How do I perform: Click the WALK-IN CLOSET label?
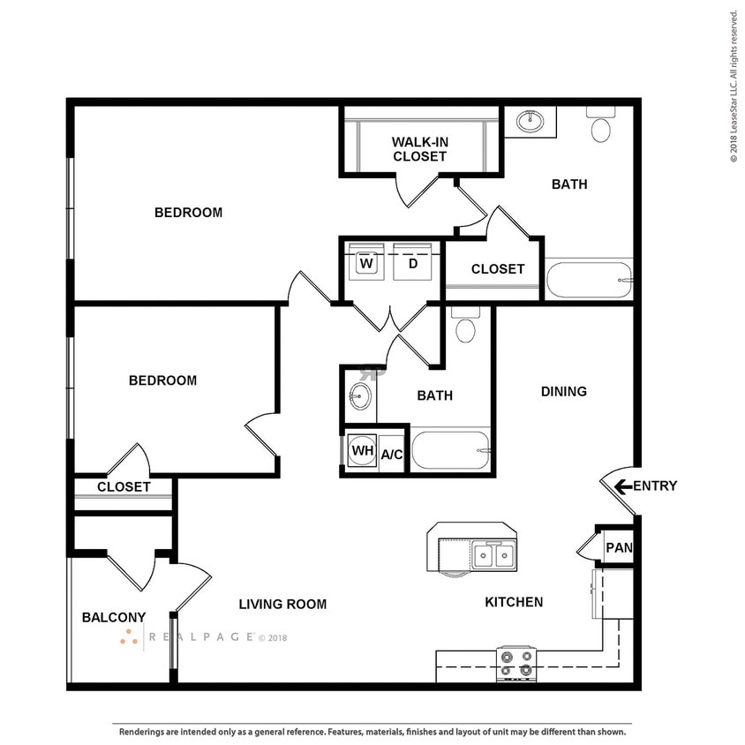click(x=419, y=148)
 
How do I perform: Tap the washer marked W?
click(x=367, y=263)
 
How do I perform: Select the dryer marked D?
click(x=411, y=263)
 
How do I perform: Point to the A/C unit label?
click(x=391, y=455)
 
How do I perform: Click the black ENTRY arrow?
click(x=622, y=485)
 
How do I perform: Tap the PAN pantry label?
click(x=618, y=548)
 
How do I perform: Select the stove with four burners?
click(x=516, y=662)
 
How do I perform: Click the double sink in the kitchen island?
click(x=493, y=554)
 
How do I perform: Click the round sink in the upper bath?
click(x=530, y=121)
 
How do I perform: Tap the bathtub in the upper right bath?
click(x=589, y=281)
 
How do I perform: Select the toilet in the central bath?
click(x=465, y=326)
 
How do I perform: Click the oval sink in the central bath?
click(x=359, y=395)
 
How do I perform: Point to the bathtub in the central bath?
click(x=450, y=451)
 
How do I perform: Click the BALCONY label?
click(x=113, y=617)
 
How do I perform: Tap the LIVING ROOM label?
click(x=282, y=604)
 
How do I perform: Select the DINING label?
click(x=563, y=391)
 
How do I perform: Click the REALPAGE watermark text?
click(x=200, y=636)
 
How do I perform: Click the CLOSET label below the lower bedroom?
click(x=124, y=486)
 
